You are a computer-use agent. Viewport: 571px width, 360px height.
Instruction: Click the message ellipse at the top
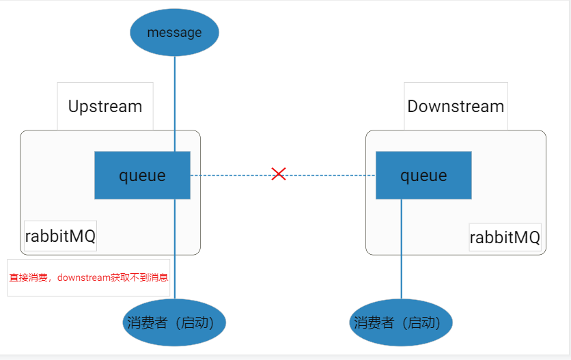click(x=174, y=32)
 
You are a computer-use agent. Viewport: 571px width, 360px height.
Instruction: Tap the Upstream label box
click(x=105, y=106)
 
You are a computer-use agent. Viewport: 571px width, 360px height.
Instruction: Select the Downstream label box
click(x=456, y=106)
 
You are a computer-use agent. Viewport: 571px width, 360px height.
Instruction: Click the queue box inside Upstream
click(x=142, y=175)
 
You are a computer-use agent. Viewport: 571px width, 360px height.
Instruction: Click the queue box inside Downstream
click(x=423, y=175)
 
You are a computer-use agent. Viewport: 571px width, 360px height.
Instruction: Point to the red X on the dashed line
click(x=279, y=174)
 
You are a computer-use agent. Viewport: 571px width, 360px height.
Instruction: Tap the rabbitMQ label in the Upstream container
click(x=61, y=236)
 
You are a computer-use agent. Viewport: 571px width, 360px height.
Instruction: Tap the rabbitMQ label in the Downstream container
click(x=505, y=237)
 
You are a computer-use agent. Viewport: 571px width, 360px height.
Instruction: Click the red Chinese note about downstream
click(x=89, y=278)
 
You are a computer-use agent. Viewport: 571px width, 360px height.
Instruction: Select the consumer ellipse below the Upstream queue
click(x=174, y=322)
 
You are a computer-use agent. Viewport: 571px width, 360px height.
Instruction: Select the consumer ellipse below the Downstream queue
click(x=401, y=322)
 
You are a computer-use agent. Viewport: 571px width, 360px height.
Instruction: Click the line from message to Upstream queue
click(x=175, y=102)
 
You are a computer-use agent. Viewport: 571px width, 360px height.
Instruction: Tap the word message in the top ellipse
click(x=174, y=32)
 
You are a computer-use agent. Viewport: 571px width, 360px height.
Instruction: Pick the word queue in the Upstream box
click(x=142, y=176)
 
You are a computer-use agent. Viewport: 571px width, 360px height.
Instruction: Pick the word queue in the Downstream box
click(x=423, y=176)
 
